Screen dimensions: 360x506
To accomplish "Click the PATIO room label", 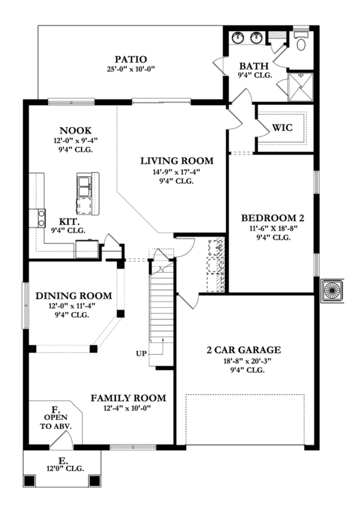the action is click(x=131, y=59).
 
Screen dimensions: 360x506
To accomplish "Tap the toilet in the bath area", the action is click(x=301, y=40).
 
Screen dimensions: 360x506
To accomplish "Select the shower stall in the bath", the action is click(x=300, y=87).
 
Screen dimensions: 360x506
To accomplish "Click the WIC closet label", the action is click(x=282, y=128).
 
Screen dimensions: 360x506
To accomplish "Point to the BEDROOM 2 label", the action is click(x=272, y=218).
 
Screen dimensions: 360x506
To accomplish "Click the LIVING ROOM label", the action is click(x=177, y=161).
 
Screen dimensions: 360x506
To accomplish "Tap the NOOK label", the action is click(x=76, y=131).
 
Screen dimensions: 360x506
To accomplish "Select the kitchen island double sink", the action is click(x=84, y=186).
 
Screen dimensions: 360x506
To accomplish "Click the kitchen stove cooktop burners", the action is click(x=41, y=218).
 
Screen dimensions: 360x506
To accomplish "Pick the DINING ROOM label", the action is click(x=74, y=296).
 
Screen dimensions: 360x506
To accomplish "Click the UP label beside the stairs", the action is click(x=141, y=354).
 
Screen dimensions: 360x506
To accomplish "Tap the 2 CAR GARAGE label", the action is click(x=244, y=350).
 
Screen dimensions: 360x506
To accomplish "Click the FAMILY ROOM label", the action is click(x=128, y=398).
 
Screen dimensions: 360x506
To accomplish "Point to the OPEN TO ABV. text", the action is click(x=56, y=422).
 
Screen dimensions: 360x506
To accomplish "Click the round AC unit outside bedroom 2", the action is click(x=332, y=290).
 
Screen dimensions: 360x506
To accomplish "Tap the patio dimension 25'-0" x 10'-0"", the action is click(x=131, y=69).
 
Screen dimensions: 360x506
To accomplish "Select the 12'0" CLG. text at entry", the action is click(x=65, y=468).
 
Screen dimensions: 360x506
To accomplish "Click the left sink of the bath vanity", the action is click(x=239, y=37).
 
